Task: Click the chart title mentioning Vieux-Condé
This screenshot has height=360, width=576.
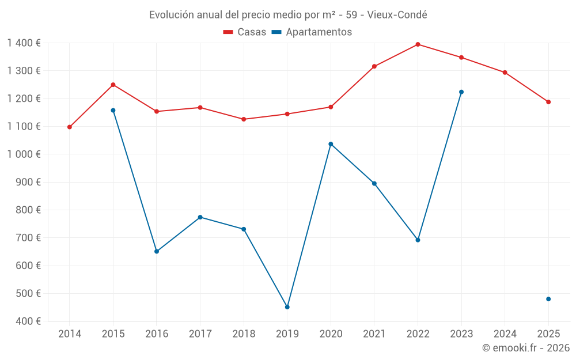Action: pos(288,14)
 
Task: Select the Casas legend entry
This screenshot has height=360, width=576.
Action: pos(245,32)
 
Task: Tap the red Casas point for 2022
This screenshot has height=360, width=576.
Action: pos(418,44)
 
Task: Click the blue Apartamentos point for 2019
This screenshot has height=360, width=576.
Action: pos(287,307)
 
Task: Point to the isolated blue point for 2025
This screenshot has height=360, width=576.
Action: pos(548,299)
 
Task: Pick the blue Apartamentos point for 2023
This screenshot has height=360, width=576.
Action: pos(461,92)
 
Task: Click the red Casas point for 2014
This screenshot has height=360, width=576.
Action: pos(70,127)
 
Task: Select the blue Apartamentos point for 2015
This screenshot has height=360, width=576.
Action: pos(113,111)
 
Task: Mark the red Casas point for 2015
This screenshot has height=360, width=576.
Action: pos(113,85)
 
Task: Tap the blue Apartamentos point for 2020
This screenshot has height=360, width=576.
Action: pos(331,144)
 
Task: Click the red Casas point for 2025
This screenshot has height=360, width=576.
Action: pos(548,102)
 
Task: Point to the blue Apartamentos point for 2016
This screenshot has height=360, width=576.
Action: pos(157,252)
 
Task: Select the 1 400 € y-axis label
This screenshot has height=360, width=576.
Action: pos(24,43)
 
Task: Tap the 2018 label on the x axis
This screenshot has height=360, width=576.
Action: pos(244,334)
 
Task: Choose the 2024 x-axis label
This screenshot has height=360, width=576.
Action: pos(505,334)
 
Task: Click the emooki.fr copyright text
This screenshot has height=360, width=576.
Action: pos(525,348)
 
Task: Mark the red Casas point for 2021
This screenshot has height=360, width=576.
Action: pos(374,66)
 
